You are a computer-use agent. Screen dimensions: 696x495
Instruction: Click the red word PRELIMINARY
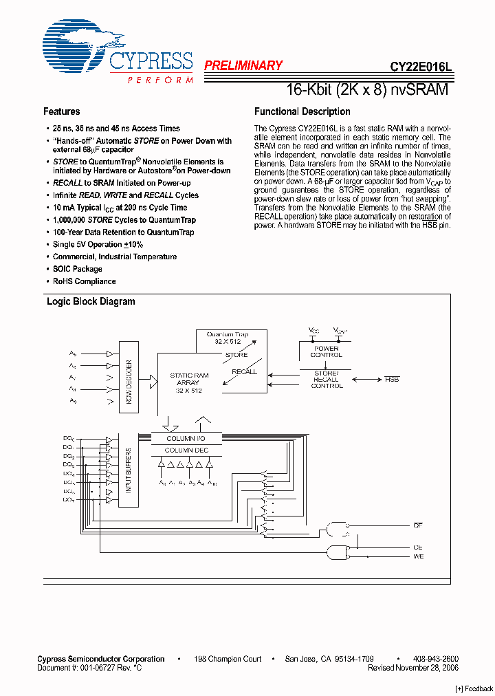point(243,66)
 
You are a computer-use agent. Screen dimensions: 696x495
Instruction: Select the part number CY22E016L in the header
point(421,67)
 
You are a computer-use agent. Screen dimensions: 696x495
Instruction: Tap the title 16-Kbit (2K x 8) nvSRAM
point(366,89)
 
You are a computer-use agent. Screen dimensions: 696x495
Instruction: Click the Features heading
point(61,111)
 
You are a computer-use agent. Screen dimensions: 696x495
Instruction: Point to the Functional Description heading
point(302,111)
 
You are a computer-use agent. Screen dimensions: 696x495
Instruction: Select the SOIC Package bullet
point(77,269)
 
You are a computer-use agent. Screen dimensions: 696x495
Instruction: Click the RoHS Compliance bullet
point(84,281)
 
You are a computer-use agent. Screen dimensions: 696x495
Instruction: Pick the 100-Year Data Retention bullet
point(123,232)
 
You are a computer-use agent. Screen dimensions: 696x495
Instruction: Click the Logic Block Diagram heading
point(90,301)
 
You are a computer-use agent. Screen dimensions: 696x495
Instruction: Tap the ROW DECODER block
point(129,382)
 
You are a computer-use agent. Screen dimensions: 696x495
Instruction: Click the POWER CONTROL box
point(326,351)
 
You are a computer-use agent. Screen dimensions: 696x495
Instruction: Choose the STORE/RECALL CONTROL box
point(326,379)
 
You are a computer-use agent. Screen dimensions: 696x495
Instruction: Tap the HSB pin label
point(392,379)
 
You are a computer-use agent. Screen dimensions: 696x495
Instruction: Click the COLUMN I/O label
point(186,438)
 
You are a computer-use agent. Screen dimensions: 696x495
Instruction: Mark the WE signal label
point(417,556)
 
